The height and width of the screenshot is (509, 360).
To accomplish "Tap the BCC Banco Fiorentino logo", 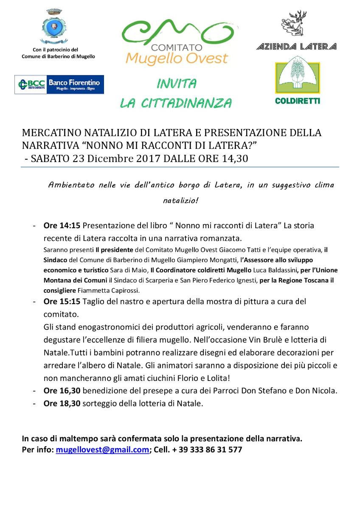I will [x=59, y=84].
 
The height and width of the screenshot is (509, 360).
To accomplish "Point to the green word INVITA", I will [x=176, y=84].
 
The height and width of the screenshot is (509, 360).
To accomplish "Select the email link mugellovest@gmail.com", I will [x=102, y=450].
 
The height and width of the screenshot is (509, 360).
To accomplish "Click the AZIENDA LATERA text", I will [x=297, y=47].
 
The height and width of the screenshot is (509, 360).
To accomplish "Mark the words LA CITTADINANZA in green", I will [x=176, y=103].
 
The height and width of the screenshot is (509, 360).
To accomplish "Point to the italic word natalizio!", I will [x=180, y=201].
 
